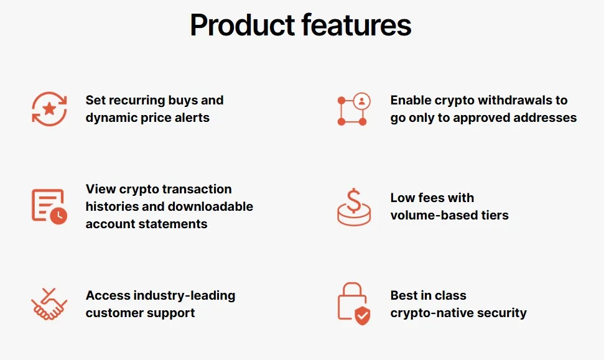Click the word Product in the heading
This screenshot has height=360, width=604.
coord(243,25)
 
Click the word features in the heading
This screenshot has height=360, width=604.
coord(356,25)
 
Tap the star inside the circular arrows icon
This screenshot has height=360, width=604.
coord(49,109)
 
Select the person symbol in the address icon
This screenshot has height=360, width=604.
coord(361,101)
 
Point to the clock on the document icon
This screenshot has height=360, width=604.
coord(58,216)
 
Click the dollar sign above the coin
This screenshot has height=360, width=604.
coord(353,201)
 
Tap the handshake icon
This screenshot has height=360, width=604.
coord(49,304)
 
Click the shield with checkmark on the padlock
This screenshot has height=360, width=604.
coord(363,316)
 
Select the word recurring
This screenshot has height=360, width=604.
coord(135,101)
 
